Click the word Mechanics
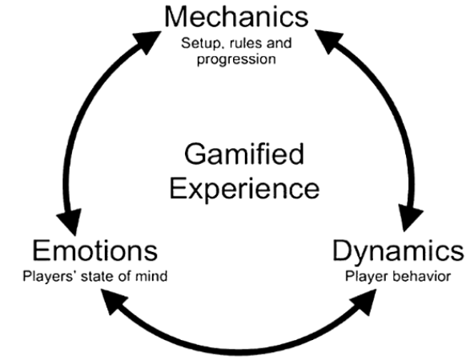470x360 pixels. [236, 17]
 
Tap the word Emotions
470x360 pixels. [94, 250]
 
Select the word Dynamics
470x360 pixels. [399, 252]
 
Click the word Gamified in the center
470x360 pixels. [244, 154]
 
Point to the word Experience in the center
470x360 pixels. [244, 190]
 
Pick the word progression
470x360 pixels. [236, 59]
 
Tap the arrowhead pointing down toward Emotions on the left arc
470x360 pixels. [70, 222]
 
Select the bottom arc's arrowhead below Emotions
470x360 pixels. [114, 301]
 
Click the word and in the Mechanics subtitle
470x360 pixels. [279, 43]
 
